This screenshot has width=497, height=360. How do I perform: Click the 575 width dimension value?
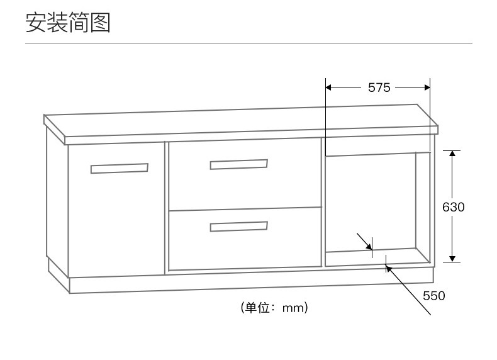(379, 88)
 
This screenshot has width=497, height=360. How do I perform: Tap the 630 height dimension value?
(453, 207)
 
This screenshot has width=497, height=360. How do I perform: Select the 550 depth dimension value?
(433, 296)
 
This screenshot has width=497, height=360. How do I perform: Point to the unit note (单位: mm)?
(274, 308)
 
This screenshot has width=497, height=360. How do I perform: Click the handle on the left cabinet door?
(120, 168)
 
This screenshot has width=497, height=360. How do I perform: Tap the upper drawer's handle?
(238, 164)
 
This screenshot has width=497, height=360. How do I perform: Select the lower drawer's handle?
(238, 226)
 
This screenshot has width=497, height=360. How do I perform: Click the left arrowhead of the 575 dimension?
(329, 88)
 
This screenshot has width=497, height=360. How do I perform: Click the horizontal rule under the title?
(248, 43)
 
